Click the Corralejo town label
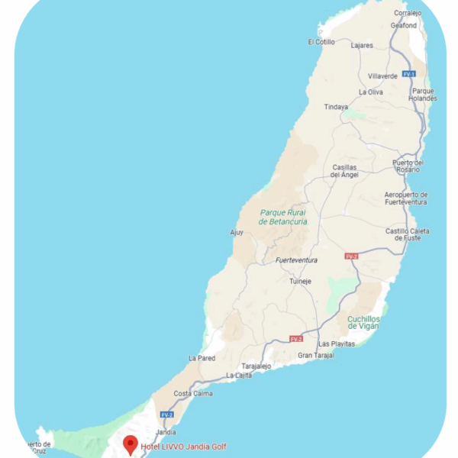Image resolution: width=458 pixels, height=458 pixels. click(408, 13)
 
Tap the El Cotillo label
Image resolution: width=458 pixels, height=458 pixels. click(321, 42)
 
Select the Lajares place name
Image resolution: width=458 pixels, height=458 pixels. click(361, 45)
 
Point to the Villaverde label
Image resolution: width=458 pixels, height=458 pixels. click(382, 76)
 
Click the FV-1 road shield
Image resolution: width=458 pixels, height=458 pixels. click(409, 74)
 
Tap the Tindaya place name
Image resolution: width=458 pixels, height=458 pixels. click(336, 107)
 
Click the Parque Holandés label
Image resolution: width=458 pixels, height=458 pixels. click(424, 95)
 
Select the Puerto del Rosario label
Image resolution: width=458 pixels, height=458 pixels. click(407, 166)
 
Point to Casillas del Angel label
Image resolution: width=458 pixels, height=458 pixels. click(345, 171)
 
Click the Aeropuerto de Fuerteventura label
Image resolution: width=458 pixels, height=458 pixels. click(405, 198)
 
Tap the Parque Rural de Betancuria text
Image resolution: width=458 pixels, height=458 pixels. click(283, 217)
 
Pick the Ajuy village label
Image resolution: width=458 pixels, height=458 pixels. click(237, 232)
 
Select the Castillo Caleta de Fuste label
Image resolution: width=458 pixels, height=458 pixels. click(407, 234)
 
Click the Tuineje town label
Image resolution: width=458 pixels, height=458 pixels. click(300, 281)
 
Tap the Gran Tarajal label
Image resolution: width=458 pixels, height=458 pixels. click(315, 356)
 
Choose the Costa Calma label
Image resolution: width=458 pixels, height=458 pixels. click(192, 393)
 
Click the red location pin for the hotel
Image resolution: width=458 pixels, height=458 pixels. click(131, 443)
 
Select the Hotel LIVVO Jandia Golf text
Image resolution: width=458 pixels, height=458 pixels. click(183, 447)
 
